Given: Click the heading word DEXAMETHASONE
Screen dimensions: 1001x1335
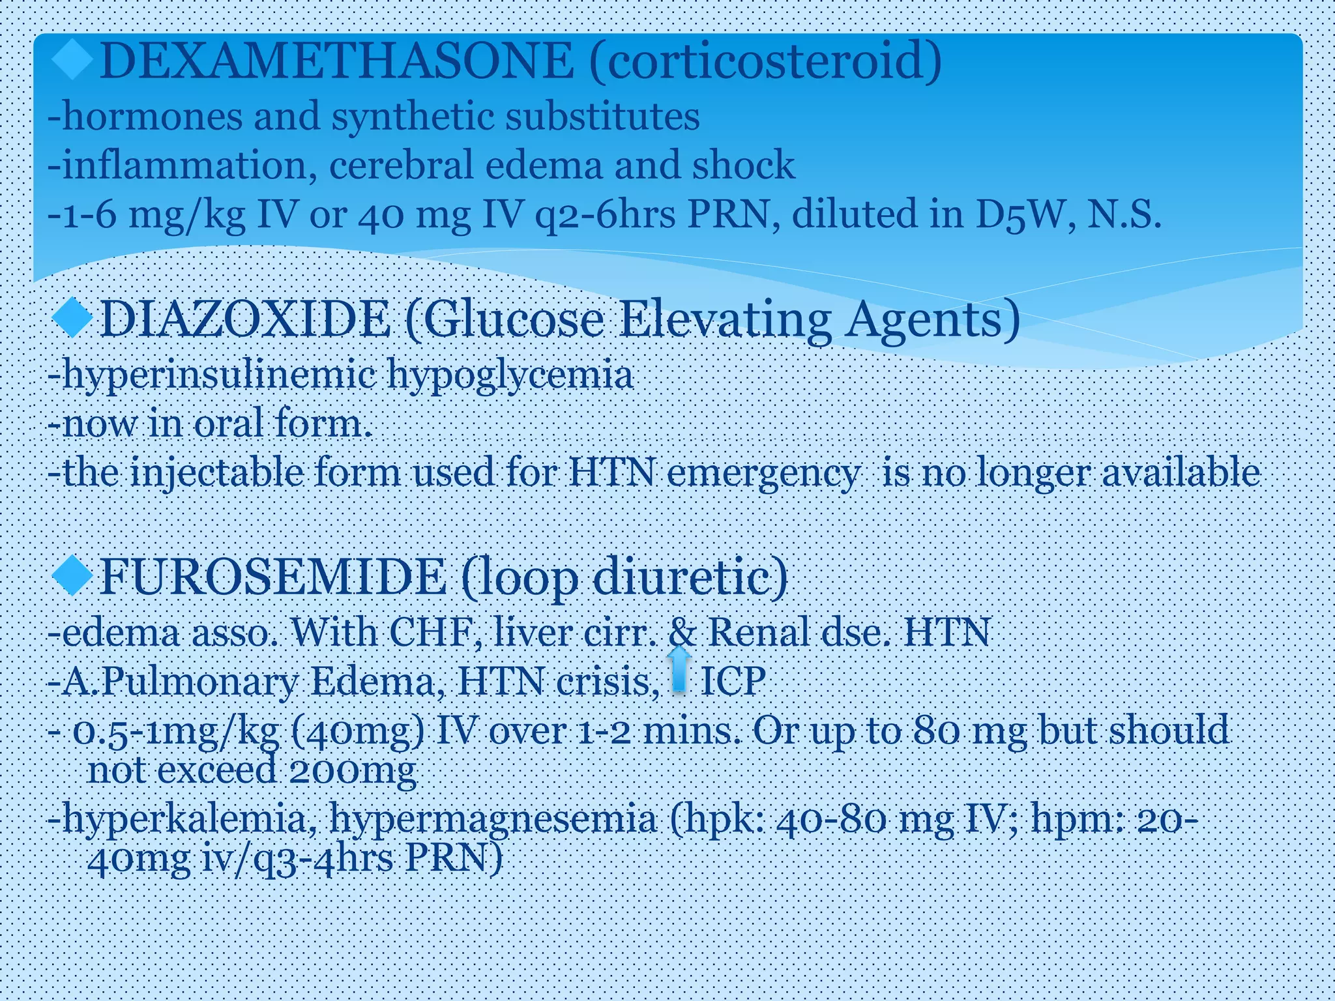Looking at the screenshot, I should (336, 61).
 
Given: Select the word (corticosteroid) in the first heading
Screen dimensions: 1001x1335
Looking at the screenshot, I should (766, 61).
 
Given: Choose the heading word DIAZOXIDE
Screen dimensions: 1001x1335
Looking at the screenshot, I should (245, 319).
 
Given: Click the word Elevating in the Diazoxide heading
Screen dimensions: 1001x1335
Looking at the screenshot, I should (724, 319).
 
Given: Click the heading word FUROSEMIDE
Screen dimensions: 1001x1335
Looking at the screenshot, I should (272, 577).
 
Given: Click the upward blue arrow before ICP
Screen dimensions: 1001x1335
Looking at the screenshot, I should (679, 669).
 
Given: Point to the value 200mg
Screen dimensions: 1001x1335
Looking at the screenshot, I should (352, 771).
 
